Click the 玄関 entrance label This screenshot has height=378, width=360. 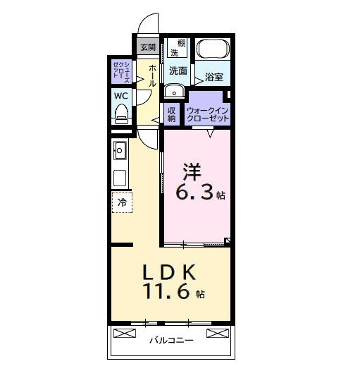(x=147, y=48)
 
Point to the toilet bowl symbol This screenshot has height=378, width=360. (x=121, y=114)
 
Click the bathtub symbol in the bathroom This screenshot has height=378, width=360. (x=213, y=49)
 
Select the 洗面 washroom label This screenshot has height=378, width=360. (x=178, y=71)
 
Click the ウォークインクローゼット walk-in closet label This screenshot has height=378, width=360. (x=208, y=114)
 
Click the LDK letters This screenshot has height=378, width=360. (x=169, y=272)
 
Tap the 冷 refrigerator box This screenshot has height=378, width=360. (x=121, y=202)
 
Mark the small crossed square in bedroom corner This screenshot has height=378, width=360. (x=228, y=241)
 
